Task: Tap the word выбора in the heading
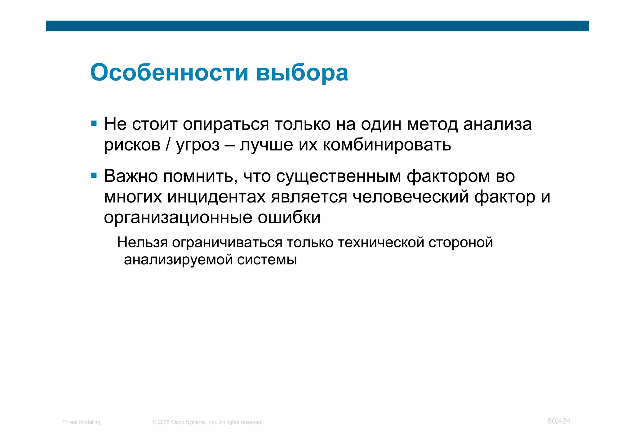[x=302, y=73]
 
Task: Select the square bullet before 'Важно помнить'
[x=94, y=176]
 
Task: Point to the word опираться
[x=226, y=124]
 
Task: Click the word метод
[x=432, y=124]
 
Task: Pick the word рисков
[x=132, y=145]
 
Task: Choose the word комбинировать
[x=387, y=145]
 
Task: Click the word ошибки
[x=289, y=217]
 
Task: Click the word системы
[x=267, y=259]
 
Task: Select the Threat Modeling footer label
[x=81, y=422]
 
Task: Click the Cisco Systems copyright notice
[x=207, y=422]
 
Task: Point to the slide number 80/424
[x=559, y=421]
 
